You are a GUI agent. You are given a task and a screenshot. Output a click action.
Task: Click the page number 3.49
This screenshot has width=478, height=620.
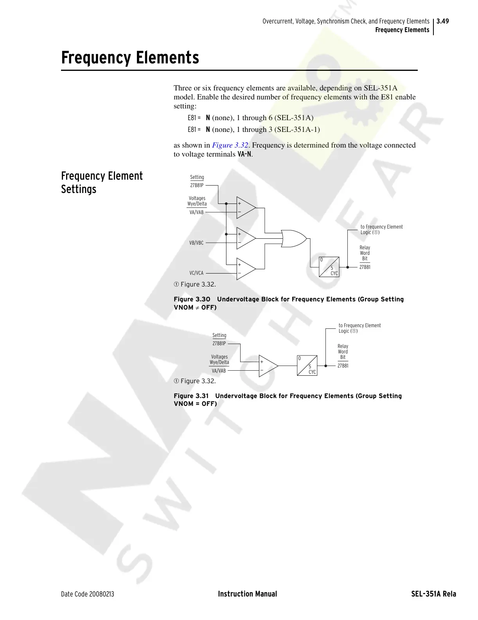point(443,21)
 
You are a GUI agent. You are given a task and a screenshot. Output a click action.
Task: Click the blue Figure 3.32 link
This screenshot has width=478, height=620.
point(230,145)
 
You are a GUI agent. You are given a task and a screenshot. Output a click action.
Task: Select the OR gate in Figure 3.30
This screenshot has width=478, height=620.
point(293,238)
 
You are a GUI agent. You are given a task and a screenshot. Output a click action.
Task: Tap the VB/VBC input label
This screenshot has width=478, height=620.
point(196,243)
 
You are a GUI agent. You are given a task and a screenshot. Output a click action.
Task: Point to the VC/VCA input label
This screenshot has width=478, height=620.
point(196,273)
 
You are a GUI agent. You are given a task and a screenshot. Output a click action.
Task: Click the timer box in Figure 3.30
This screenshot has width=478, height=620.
point(329,267)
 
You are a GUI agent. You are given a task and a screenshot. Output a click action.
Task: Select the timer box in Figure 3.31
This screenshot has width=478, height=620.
point(307,366)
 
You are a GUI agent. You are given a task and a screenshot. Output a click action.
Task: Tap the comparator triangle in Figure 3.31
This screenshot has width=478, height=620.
point(267,366)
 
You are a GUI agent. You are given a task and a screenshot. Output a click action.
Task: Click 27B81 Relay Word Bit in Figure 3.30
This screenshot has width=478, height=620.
point(365,267)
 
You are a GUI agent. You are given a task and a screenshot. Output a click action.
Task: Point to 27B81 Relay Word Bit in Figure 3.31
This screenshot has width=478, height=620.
point(343,366)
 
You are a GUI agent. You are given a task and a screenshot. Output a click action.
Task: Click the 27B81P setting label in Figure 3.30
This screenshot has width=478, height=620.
point(197,186)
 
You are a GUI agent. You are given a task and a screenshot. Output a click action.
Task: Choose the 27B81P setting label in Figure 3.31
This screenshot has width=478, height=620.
point(219,344)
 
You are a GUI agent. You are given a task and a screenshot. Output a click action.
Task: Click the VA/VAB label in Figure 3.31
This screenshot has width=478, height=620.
point(219,371)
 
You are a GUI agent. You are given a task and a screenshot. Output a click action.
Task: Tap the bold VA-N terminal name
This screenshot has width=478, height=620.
point(244,154)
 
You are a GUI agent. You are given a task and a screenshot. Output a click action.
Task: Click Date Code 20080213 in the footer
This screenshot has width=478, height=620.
point(88,594)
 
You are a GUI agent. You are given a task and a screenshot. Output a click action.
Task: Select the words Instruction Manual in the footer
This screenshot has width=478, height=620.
point(247,594)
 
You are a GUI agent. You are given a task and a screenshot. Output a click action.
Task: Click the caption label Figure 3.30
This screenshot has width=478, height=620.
point(192,299)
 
